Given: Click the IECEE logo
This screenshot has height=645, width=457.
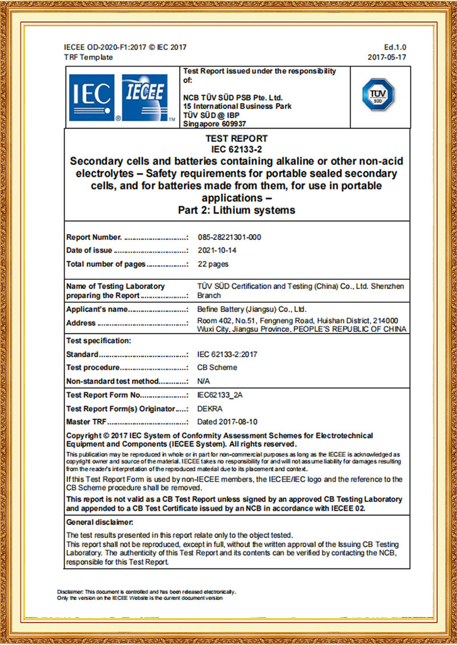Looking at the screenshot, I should coord(145,98).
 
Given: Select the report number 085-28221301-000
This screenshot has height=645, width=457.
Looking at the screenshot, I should coord(228,237).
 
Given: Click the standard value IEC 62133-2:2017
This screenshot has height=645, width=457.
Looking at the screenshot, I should coord(227,354).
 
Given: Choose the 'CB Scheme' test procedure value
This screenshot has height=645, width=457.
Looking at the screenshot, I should coord(217,367).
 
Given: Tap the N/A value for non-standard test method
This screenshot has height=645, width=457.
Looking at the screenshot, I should coord(203,381).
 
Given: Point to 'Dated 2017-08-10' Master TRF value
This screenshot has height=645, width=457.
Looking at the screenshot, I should coord(227,422).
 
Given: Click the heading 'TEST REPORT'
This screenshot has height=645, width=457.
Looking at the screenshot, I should coord(236,138).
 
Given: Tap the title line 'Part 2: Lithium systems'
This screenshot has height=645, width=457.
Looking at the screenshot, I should coord(236,210).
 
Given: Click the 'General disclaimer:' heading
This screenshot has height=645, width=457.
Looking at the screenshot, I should coord(100,522).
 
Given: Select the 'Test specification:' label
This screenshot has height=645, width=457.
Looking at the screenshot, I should coord(99,340).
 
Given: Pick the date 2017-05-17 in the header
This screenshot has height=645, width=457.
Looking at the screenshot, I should coord(387,57).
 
